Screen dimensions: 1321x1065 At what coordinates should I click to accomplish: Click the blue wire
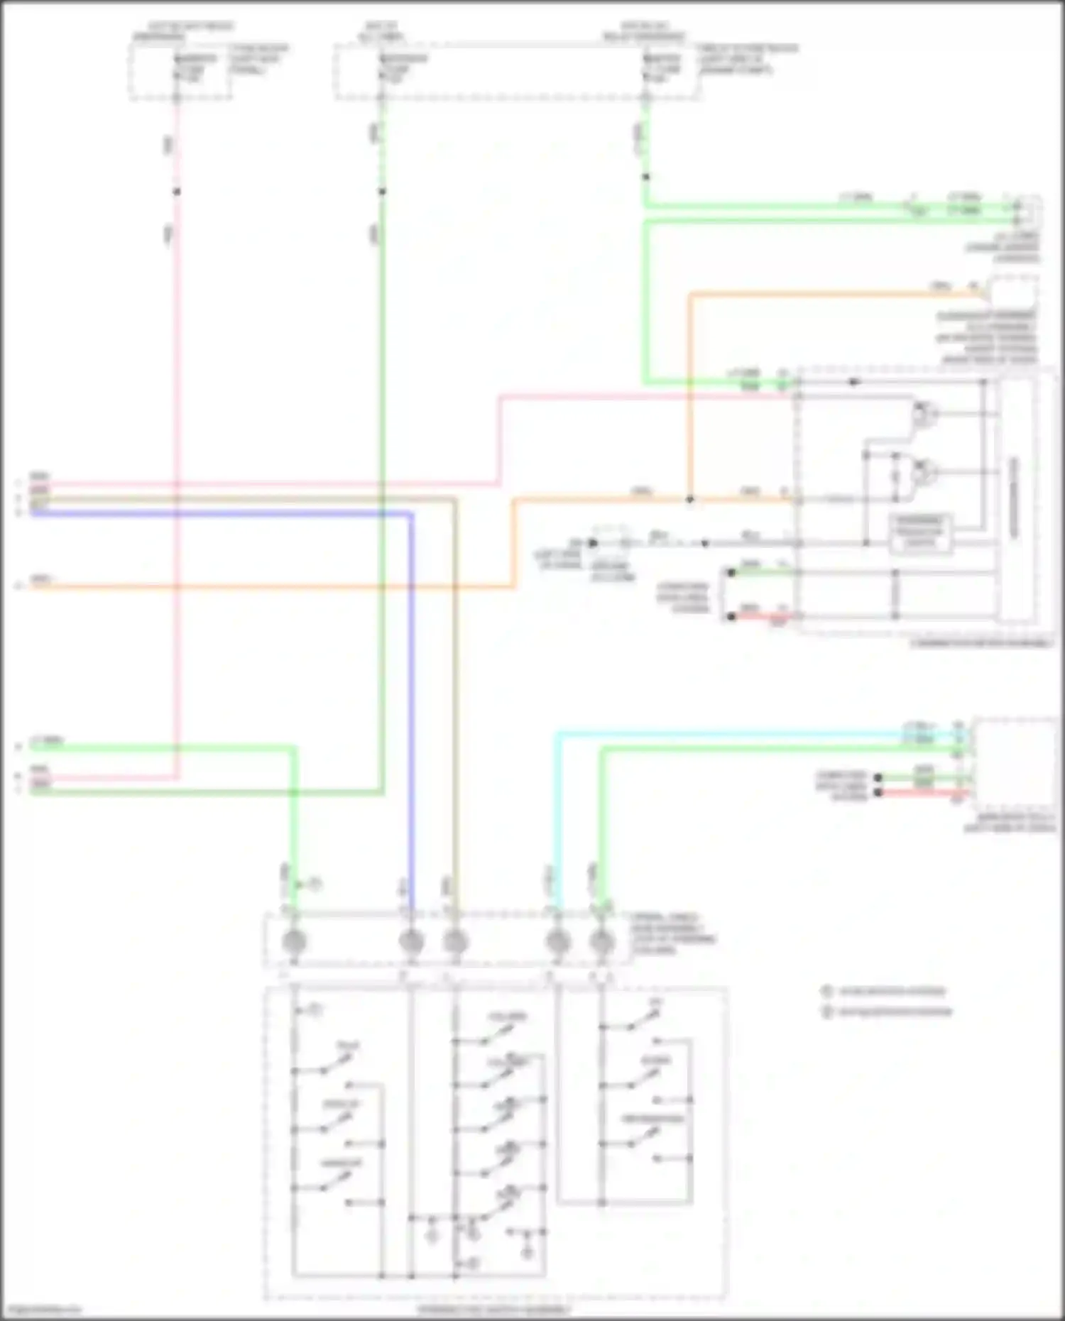tap(411, 710)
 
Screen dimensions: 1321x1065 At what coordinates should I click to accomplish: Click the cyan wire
tap(556, 816)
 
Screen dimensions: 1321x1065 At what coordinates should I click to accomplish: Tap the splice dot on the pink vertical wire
tap(177, 192)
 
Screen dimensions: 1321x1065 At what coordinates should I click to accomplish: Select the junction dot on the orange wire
tap(689, 499)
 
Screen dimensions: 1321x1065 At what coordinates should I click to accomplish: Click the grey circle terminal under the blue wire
tap(411, 942)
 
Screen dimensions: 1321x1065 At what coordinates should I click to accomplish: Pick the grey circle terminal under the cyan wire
tap(558, 942)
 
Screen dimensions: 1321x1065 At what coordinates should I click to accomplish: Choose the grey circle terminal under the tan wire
tap(455, 942)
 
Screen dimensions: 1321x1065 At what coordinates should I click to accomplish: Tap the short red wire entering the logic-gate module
tap(760, 616)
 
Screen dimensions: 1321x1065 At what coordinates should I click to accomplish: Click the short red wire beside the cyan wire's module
tap(923, 792)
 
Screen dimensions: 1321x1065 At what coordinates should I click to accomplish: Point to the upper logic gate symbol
tap(922, 413)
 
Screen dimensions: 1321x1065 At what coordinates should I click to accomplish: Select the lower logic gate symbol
tap(922, 470)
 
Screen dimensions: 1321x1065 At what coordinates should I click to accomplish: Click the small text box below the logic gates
tap(920, 532)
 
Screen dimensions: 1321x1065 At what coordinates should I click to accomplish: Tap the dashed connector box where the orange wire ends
tap(1014, 292)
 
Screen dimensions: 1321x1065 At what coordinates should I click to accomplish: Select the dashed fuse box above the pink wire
tap(180, 71)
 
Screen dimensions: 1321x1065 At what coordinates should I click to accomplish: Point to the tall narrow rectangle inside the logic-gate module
tap(1016, 497)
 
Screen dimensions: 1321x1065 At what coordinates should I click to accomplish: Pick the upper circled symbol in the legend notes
tap(826, 992)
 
